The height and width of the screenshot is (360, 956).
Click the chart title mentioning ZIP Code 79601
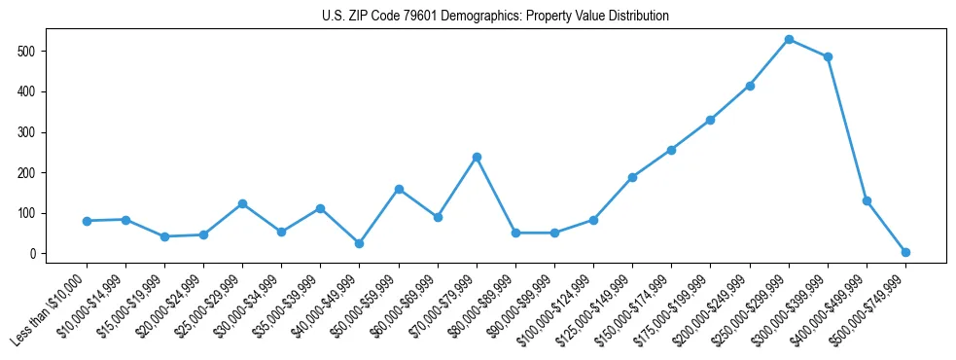(495, 17)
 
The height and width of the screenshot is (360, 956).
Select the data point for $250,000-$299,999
(789, 40)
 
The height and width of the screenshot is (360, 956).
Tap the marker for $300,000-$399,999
(828, 57)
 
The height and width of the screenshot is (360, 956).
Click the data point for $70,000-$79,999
(477, 157)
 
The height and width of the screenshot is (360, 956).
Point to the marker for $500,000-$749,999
(905, 252)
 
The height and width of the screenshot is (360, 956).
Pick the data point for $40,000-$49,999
(360, 243)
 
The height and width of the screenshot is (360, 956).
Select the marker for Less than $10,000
(87, 221)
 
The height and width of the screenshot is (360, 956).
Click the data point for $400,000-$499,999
(867, 200)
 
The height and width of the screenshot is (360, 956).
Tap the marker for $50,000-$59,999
(399, 189)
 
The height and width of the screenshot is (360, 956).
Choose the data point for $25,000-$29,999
(242, 203)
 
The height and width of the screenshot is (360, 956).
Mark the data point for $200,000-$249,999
(750, 86)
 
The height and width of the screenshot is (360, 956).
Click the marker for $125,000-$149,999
(632, 177)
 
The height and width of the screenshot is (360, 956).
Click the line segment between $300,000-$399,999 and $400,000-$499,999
(847, 128)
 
